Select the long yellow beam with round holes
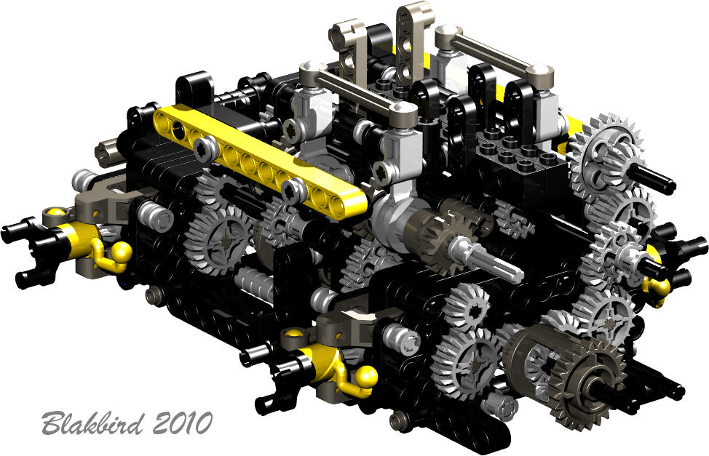[260, 161]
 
